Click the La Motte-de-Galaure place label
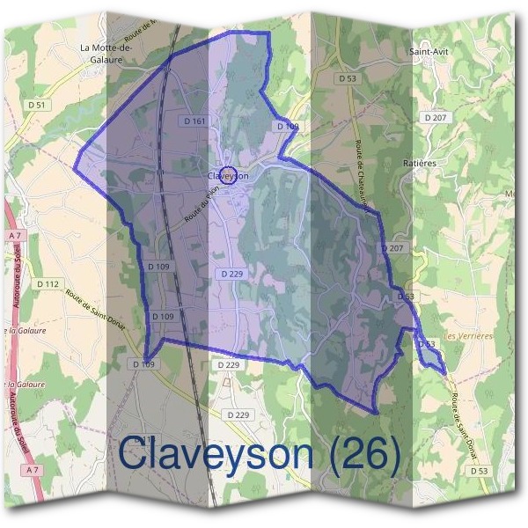coord(105,53)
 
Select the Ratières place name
coord(419,163)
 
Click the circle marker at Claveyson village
coord(227,176)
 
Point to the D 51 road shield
coord(36,105)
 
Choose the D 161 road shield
coord(195,120)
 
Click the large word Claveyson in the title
coord(216,455)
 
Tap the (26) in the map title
coord(361,455)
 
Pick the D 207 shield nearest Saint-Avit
coord(435,117)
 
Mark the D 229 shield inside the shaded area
coord(232,274)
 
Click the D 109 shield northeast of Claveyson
coord(288,127)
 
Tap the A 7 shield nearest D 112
coord(15,237)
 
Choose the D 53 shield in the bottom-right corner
coord(479,471)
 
